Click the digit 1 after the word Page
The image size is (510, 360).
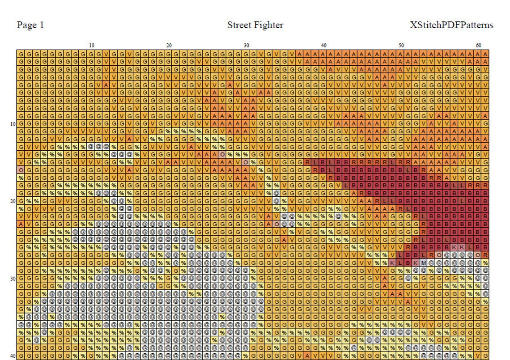42,25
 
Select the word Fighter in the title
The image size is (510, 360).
268,25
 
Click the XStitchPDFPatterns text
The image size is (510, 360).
451,25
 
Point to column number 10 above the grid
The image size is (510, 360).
91,45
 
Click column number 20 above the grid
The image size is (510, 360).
169,45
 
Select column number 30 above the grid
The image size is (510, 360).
246,45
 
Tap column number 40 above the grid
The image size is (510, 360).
323,45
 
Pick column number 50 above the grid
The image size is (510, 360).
401,45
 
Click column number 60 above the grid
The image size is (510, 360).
479,45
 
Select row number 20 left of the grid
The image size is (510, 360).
13,201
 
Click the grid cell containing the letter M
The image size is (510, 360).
424,263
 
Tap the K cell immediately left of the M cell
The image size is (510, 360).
416,263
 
